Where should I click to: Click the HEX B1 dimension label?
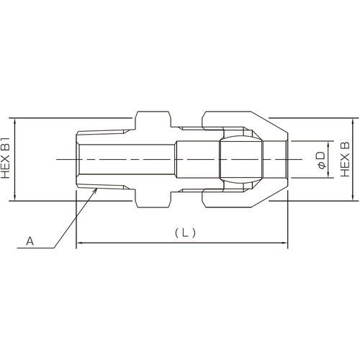pos(8,158)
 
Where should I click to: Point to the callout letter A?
pos(30,243)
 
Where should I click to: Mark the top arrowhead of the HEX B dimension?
pos(352,120)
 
